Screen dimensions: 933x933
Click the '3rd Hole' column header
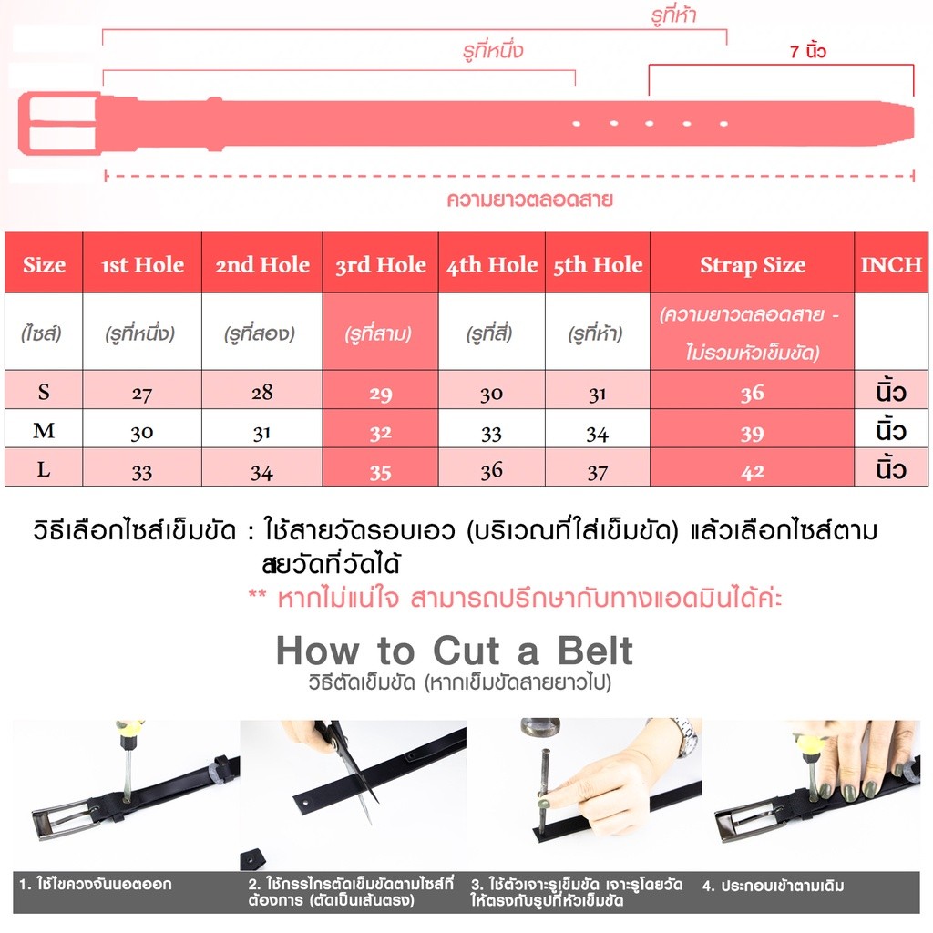point(380,265)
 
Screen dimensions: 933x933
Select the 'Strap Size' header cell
point(752,265)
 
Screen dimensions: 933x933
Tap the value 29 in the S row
point(380,394)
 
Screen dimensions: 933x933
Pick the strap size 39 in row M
point(752,434)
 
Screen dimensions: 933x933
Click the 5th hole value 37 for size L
point(598,473)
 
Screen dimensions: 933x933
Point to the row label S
point(44,392)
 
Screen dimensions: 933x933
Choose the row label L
point(44,469)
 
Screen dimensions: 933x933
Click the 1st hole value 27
point(141,394)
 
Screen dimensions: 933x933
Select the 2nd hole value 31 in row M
point(261,434)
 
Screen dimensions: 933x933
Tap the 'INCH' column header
point(891,265)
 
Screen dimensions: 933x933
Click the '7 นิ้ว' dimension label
point(807,51)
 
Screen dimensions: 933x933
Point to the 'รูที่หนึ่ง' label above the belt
point(493,50)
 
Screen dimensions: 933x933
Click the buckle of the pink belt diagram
point(58,123)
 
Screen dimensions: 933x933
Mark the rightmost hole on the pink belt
point(723,124)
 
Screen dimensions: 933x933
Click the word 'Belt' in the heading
point(594,651)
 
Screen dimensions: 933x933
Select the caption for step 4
point(773,886)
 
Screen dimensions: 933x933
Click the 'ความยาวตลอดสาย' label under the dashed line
point(529,200)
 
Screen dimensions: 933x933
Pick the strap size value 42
point(752,473)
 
